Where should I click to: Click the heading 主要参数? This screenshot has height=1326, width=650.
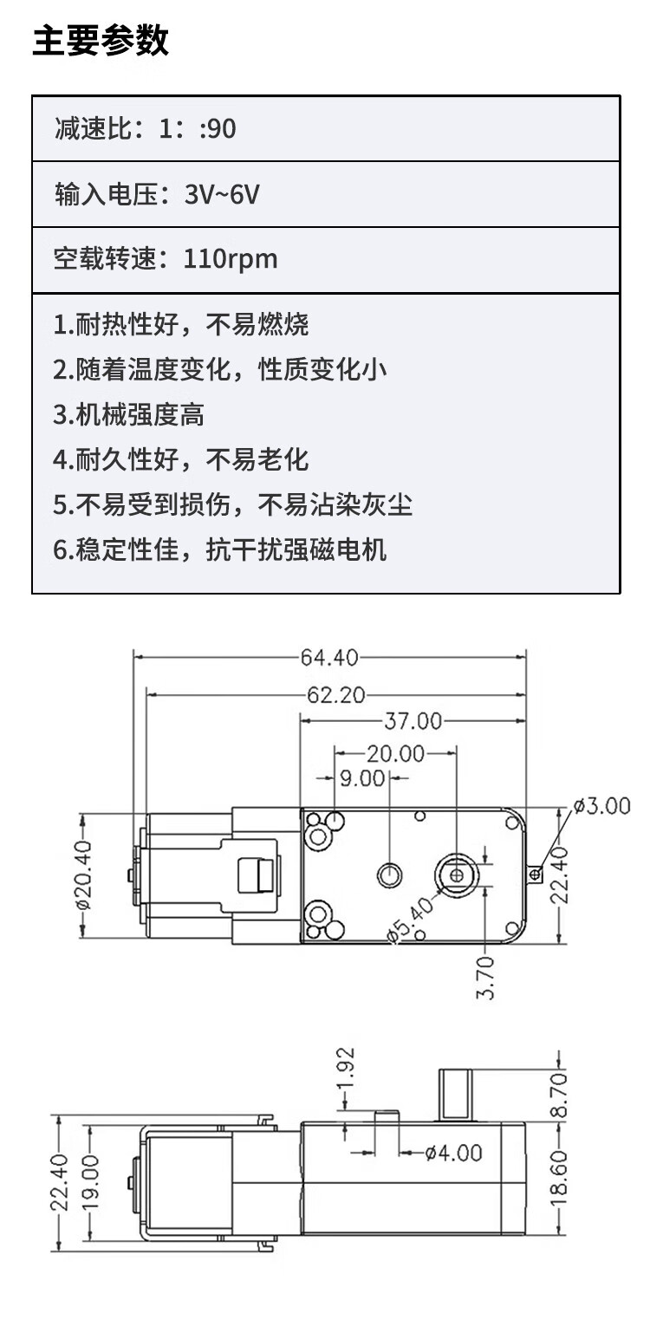click(101, 41)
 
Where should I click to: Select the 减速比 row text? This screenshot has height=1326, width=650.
click(145, 129)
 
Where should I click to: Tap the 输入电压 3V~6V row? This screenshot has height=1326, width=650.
click(157, 194)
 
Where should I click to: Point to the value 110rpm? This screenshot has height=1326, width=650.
click(231, 259)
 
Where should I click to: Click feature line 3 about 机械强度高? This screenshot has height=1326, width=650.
click(129, 414)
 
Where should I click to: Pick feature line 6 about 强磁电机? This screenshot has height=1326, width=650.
click(220, 549)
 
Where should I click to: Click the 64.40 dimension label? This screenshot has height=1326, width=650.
click(329, 658)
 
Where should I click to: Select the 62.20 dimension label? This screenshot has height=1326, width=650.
click(335, 695)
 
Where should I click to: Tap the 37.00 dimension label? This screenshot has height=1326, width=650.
click(413, 721)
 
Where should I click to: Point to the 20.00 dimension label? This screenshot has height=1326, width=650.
click(395, 754)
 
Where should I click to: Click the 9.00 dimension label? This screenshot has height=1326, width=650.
click(361, 778)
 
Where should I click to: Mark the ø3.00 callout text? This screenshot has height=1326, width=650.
click(601, 807)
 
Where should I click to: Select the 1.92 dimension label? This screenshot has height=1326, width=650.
click(346, 1074)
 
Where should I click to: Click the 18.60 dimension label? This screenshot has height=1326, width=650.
click(559, 1180)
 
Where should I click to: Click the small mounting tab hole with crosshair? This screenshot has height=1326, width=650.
click(536, 874)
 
